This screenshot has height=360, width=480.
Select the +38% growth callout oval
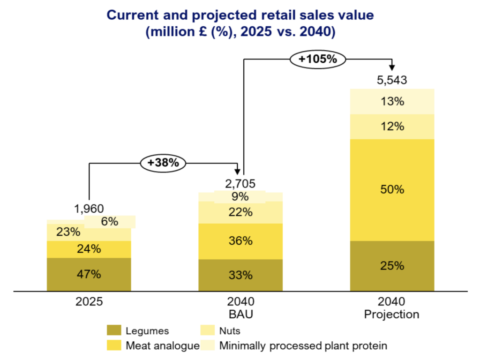coord(163,163)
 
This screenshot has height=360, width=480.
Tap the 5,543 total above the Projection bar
coord(392,80)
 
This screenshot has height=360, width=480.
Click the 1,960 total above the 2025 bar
coord(89,209)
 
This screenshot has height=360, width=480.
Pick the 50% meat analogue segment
coord(392,190)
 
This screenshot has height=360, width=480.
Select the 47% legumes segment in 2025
coord(89,274)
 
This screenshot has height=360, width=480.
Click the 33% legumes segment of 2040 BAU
coord(240,275)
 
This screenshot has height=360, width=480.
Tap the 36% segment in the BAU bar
coord(240,241)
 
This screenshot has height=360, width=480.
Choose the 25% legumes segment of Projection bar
coord(392,266)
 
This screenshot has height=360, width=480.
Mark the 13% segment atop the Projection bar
coord(392,101)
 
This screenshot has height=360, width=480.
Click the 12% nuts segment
coord(392,127)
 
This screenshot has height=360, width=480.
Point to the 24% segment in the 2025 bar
coord(89,249)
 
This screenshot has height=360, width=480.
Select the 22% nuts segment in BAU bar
coord(240,212)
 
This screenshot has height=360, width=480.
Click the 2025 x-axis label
coord(89,302)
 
